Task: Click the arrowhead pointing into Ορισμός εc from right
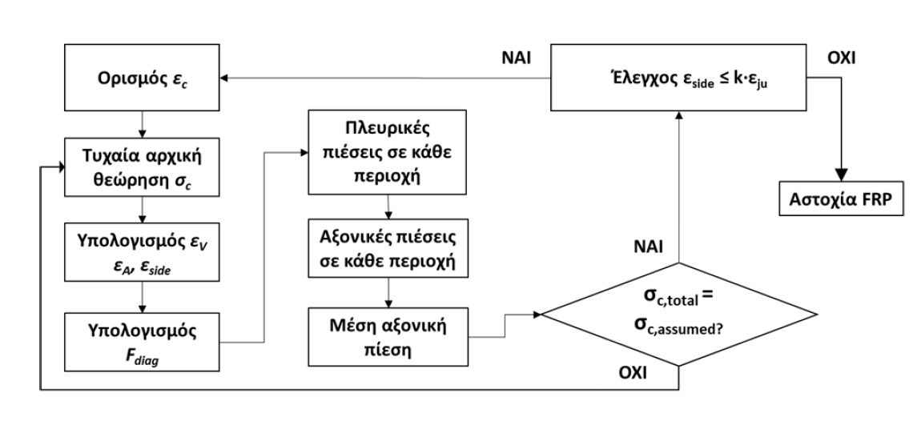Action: (227, 78)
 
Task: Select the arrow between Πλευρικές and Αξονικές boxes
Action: (388, 209)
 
